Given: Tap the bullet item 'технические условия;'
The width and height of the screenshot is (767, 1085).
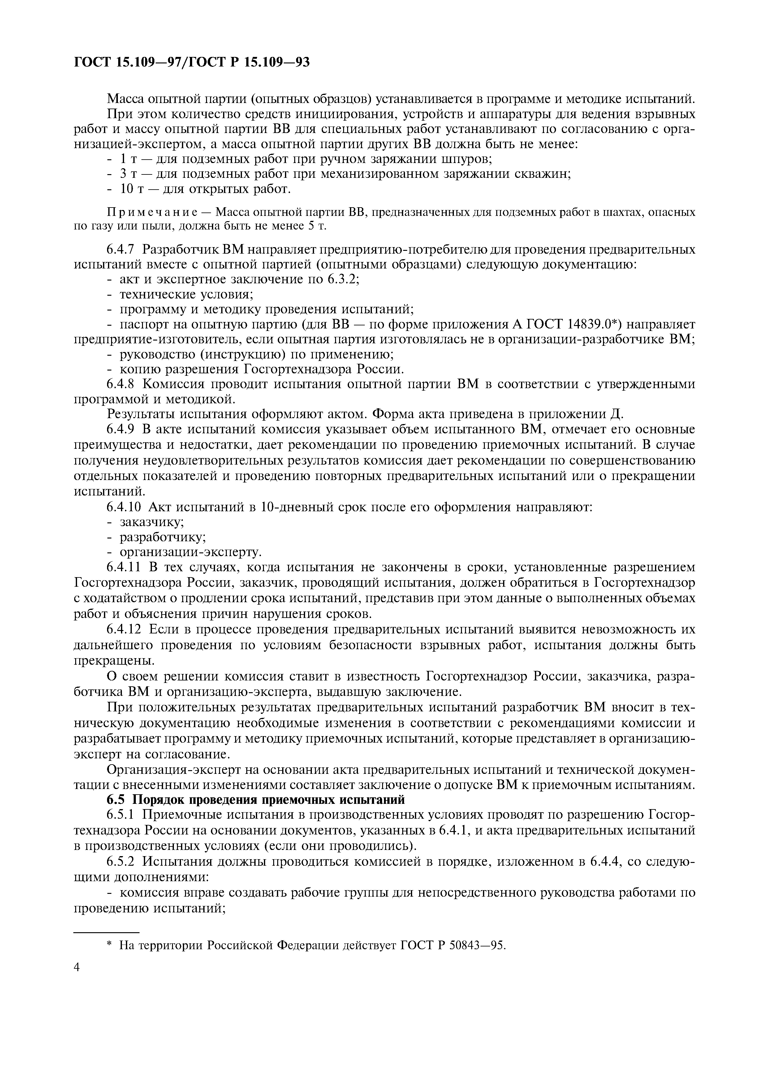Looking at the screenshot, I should (186, 294).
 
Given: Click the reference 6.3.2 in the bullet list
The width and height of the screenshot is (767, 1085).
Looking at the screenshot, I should (343, 279).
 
